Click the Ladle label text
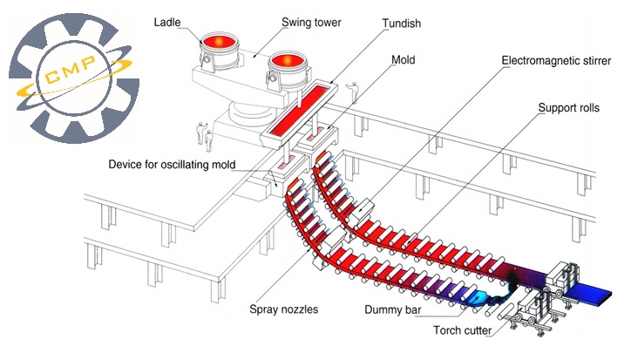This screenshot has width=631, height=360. pos(167,22)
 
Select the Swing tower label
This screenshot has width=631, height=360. pos(311,23)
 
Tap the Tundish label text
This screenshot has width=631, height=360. pos(401,24)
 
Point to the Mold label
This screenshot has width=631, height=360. pos(404,60)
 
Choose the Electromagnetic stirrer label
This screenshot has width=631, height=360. pos(556,61)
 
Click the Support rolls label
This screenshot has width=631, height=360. pos(568,108)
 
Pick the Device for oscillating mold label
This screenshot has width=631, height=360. pos(172,165)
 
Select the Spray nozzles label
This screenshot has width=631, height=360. pos(284,309)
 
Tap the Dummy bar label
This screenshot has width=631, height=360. pos(393,309)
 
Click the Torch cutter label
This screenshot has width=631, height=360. pos(463,330)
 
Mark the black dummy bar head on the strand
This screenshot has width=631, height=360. pos(512,281)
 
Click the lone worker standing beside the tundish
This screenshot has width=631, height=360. pos(354,92)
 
